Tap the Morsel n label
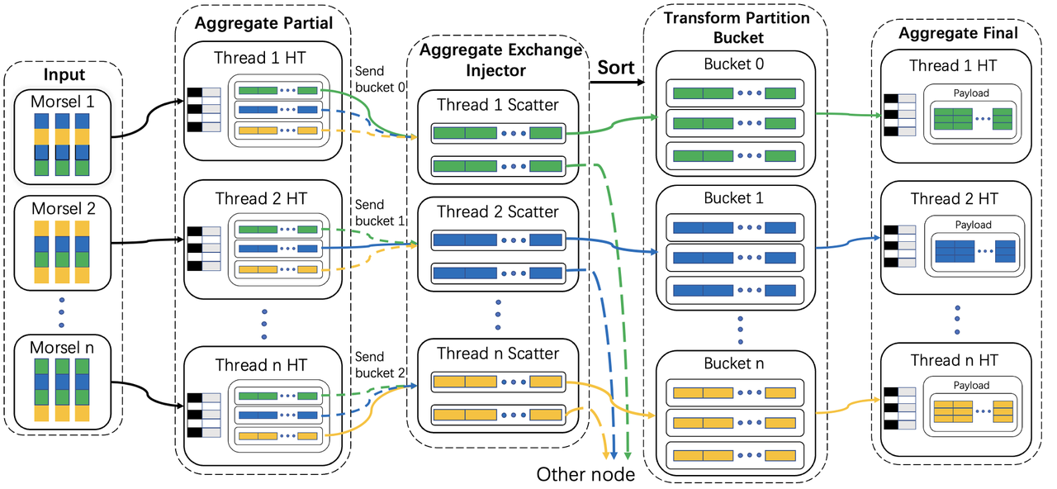click(x=64, y=347)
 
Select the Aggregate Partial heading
click(x=263, y=23)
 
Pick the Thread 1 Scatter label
click(x=497, y=105)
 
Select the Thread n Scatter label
click(x=497, y=354)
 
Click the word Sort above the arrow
click(x=615, y=67)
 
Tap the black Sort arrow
click(x=615, y=82)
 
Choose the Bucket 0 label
click(x=734, y=64)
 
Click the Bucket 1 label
click(x=734, y=198)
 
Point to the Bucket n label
click(x=734, y=363)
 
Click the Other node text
click(x=585, y=474)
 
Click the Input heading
click(x=64, y=75)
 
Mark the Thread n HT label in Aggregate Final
click(x=954, y=360)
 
